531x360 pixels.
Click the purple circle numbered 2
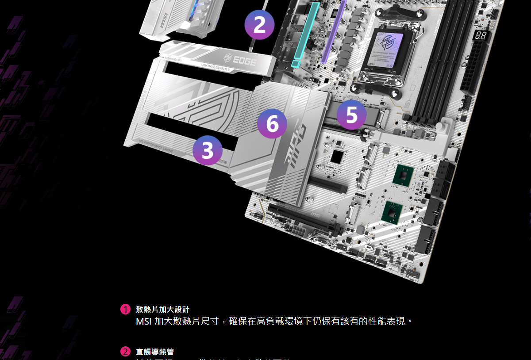pos(259,25)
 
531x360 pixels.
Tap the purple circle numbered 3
pos(208,150)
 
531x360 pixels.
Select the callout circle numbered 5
pos(351,115)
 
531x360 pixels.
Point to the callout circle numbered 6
pos(272,123)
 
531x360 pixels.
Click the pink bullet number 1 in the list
pos(126,309)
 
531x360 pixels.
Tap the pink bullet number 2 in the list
pos(126,352)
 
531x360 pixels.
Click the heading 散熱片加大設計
pos(162,309)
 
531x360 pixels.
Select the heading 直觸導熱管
pos(155,352)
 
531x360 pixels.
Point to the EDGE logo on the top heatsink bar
pos(240,60)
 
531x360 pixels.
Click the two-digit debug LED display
pos(481,36)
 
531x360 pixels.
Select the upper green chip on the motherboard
pos(403,175)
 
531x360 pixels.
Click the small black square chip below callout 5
pos(337,156)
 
